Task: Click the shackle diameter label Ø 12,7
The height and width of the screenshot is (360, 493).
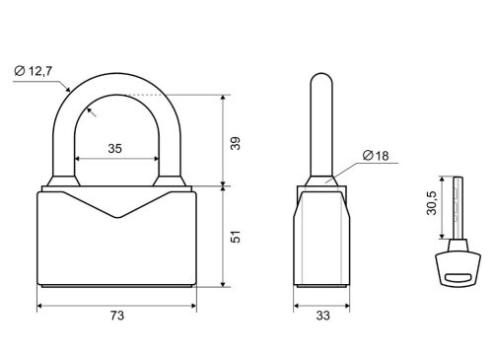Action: (x=34, y=71)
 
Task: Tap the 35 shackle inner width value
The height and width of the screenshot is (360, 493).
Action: (x=115, y=149)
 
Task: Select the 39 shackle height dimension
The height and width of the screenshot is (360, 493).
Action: (x=236, y=143)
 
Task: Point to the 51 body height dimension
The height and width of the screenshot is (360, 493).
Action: (x=236, y=237)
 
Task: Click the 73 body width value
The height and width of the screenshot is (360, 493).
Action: (x=117, y=316)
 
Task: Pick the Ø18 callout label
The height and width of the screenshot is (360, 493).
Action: (x=376, y=155)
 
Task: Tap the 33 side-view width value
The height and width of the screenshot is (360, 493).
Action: (x=322, y=316)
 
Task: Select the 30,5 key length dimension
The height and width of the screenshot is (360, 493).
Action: (x=432, y=203)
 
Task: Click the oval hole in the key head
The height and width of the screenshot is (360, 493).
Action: (x=458, y=277)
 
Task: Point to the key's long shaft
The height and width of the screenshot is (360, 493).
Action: (x=458, y=208)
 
